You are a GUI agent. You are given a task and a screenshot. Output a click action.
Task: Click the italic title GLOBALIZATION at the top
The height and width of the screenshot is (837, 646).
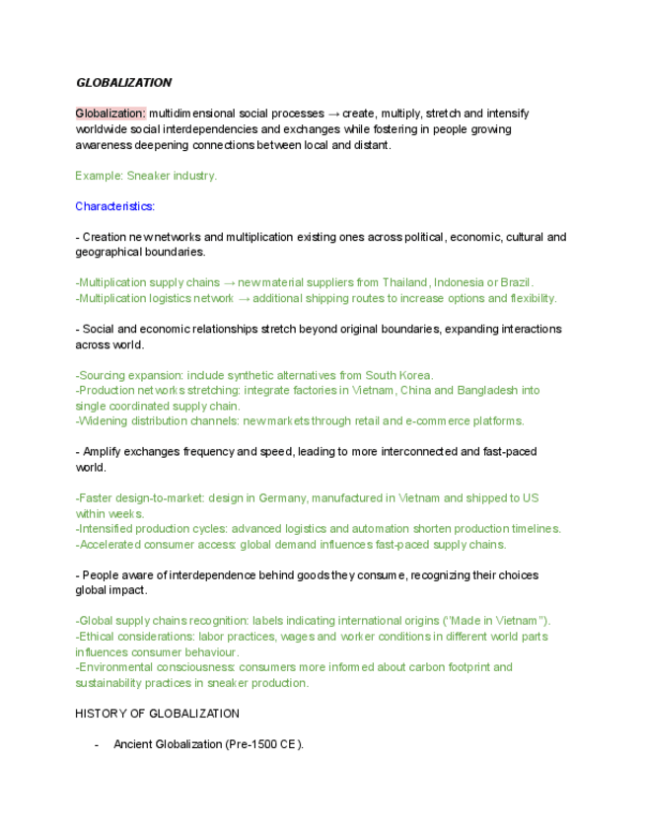123,83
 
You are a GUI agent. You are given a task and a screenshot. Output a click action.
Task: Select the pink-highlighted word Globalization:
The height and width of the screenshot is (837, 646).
110,114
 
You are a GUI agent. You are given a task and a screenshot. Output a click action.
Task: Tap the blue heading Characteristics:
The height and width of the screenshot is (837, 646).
114,206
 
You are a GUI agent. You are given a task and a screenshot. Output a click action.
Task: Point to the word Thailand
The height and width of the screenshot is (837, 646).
405,282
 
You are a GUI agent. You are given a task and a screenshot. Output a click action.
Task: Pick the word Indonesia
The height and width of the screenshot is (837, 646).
460,282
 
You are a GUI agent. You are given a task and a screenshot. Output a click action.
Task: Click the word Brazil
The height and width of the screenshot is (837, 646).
516,282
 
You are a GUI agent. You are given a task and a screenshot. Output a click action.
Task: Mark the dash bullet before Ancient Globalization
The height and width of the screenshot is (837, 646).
97,744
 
